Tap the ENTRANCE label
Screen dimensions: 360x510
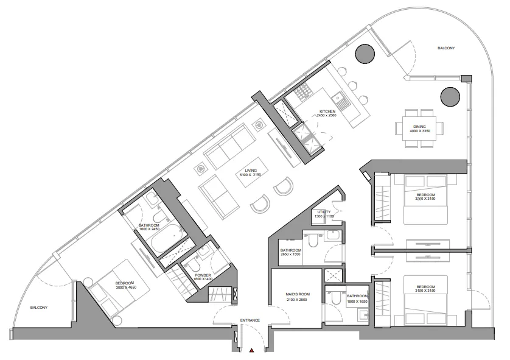250,320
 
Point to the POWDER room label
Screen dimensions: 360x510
203,275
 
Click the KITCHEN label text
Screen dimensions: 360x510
328,111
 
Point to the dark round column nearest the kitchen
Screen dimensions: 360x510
366,54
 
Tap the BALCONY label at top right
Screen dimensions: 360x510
446,48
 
